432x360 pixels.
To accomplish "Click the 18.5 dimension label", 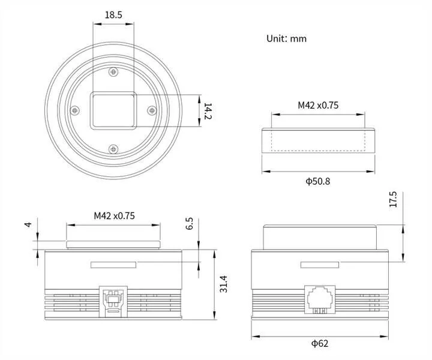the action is pos(113,14).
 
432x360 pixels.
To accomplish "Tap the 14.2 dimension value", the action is pos(208,111).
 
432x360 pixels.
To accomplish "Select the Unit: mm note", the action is pos(286,38).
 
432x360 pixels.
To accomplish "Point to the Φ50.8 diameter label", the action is pos(317,181).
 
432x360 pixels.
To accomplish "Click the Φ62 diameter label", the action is pos(320,343).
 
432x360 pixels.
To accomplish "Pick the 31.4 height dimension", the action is pos(223,284).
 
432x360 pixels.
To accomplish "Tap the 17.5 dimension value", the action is pos(393,199).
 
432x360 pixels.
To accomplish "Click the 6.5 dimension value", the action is pos(189,224).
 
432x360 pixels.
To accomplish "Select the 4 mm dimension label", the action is pos(28,224).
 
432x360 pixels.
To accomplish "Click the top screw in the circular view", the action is pos(113,72).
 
